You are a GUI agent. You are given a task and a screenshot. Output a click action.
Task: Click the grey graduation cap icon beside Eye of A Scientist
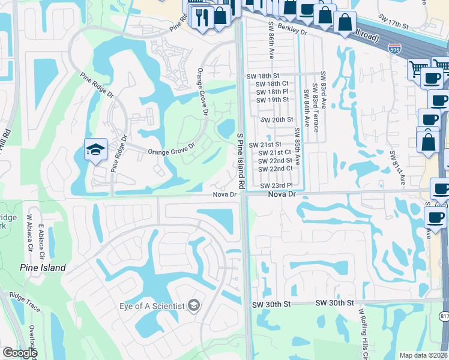click(193, 306)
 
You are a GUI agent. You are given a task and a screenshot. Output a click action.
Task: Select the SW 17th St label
click(394, 21)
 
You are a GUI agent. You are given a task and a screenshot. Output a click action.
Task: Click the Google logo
click(20, 353)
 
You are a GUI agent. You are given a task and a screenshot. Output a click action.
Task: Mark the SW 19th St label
click(273, 100)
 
